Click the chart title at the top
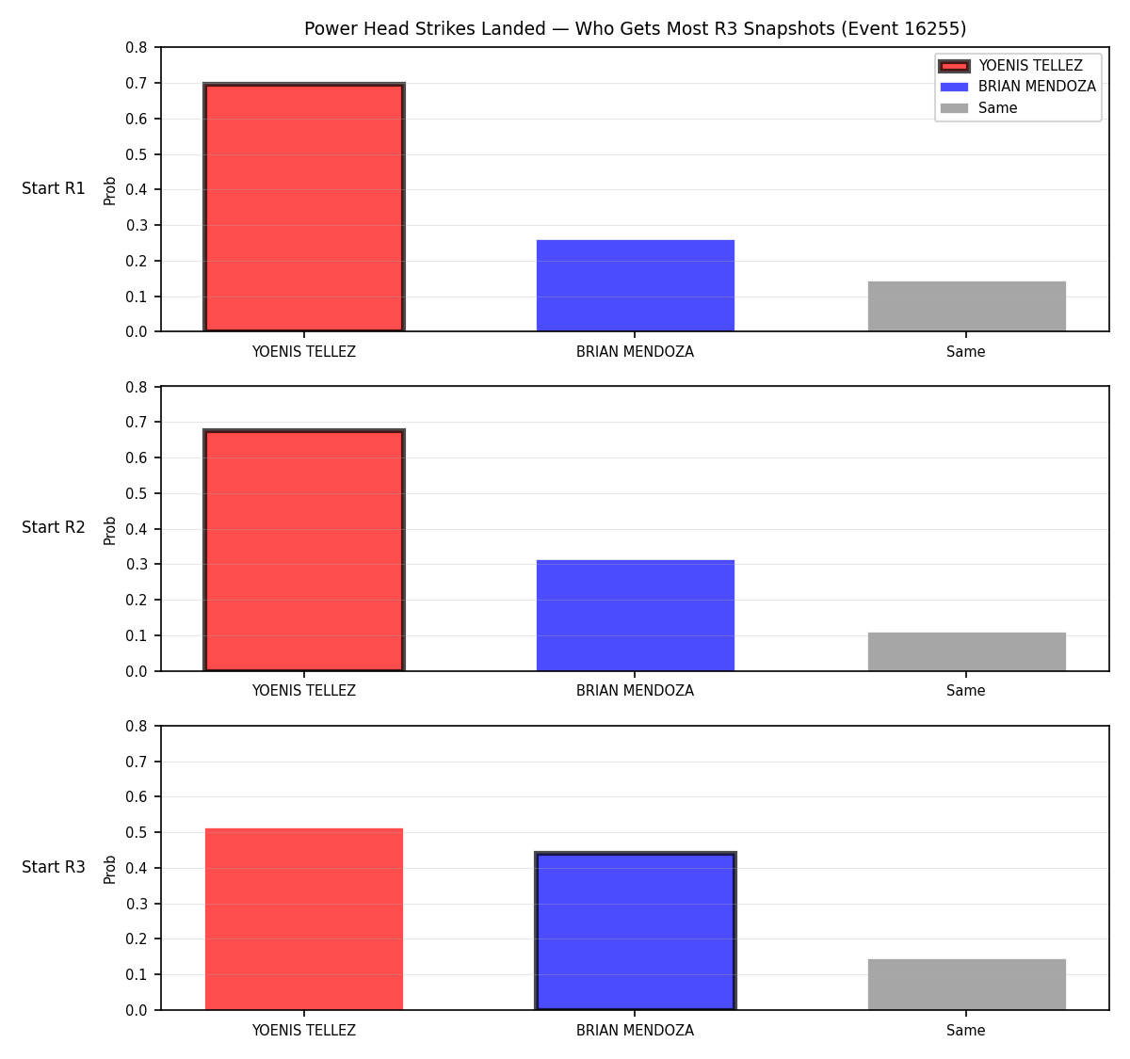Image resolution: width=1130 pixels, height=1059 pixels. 635,28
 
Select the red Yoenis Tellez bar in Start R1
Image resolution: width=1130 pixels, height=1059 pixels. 304,207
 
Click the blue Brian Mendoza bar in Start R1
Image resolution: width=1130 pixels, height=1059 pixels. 635,285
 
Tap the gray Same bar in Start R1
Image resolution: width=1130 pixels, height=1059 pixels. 966,306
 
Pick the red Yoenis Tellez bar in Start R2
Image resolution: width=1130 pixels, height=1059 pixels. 304,550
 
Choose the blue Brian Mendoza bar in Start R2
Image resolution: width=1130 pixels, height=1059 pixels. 635,615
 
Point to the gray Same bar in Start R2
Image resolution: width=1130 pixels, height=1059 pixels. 966,651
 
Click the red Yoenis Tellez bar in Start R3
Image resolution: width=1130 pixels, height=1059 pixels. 304,919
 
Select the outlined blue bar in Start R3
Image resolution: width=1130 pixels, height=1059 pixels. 635,931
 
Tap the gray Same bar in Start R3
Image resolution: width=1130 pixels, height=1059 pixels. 966,985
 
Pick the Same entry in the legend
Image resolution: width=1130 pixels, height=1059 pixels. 978,108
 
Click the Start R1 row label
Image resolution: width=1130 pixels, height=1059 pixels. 54,188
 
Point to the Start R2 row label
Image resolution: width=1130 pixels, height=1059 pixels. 54,527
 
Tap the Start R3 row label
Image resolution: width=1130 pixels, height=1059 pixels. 54,867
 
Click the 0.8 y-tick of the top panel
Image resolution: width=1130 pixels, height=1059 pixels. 136,48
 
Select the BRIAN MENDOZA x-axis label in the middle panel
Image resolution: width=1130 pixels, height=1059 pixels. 635,691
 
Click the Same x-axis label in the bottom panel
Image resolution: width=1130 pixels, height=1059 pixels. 965,1031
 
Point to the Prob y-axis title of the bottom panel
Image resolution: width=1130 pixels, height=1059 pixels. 110,870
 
